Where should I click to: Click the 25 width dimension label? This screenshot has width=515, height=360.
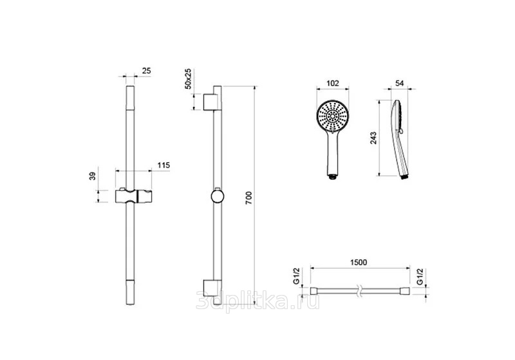[x=147, y=71]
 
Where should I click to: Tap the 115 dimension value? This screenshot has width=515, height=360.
[x=164, y=166]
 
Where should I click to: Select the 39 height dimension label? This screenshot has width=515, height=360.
[x=93, y=176]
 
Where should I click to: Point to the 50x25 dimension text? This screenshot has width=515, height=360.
[x=188, y=79]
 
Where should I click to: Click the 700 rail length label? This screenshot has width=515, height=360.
[x=248, y=198]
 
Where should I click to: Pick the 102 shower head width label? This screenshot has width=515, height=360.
[x=333, y=83]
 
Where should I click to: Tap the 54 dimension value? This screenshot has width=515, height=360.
[x=399, y=84]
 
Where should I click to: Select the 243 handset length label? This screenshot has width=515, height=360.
[x=373, y=138]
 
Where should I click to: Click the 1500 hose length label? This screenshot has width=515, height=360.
[x=359, y=263]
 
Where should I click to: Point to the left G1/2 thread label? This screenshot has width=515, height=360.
[x=296, y=276]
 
